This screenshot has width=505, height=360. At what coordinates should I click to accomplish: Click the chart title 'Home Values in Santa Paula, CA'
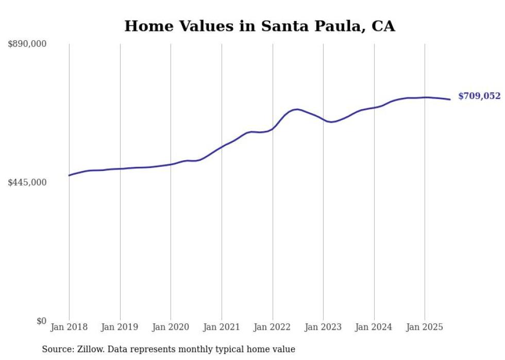(x=259, y=26)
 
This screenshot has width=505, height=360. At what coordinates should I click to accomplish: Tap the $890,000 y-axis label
(x=27, y=44)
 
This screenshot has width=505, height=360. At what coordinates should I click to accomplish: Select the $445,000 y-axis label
(x=27, y=182)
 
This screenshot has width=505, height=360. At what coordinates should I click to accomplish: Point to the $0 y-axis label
(x=41, y=321)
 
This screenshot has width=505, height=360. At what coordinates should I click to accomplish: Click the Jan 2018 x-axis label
(x=69, y=327)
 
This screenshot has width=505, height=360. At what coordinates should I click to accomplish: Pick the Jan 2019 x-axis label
(x=120, y=327)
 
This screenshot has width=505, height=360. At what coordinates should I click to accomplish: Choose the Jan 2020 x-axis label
(x=171, y=327)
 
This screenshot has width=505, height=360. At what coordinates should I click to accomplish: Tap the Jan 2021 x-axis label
(x=222, y=327)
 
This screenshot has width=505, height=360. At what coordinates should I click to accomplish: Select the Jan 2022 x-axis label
(x=273, y=327)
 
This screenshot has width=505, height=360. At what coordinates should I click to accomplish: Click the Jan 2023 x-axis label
(x=323, y=327)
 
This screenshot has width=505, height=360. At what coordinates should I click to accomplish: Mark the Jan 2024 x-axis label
(x=374, y=327)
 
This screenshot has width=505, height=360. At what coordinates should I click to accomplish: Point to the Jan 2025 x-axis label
(x=425, y=327)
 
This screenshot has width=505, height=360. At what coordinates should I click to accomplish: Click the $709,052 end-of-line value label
(x=479, y=96)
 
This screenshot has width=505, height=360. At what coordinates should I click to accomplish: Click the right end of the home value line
(x=450, y=99)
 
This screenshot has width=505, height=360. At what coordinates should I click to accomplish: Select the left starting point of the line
(x=69, y=176)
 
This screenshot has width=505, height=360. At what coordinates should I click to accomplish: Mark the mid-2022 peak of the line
(x=296, y=109)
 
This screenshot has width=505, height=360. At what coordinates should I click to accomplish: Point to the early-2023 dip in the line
(x=331, y=122)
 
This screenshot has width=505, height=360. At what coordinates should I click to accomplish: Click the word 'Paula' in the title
(x=338, y=26)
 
